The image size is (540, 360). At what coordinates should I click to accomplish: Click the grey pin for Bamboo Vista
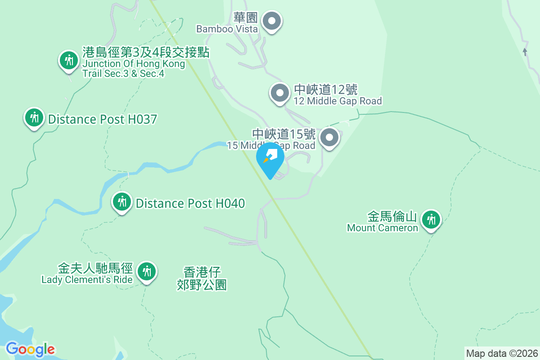tap(272, 21)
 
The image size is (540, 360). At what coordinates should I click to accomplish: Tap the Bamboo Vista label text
tap(227, 29)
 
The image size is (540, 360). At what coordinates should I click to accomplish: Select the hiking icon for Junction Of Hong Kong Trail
tap(69, 60)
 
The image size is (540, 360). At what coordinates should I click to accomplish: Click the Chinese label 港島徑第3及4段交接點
tap(146, 52)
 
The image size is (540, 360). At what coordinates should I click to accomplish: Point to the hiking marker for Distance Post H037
tap(34, 118)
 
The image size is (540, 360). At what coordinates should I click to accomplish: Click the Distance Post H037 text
tap(103, 120)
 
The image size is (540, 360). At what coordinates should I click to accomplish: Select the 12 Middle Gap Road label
tap(337, 101)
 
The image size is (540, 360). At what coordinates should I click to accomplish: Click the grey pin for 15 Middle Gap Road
tap(329, 137)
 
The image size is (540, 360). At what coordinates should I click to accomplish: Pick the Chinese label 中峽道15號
tap(283, 134)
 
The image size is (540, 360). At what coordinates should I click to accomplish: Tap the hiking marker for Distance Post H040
tap(122, 202)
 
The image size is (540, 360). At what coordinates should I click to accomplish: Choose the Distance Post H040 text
tap(190, 204)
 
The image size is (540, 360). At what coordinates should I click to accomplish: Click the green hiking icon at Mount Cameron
tap(431, 220)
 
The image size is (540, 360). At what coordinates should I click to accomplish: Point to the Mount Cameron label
tap(382, 228)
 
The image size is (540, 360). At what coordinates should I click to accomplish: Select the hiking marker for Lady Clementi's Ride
tap(147, 272)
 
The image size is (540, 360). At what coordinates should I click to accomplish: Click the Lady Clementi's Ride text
tap(87, 280)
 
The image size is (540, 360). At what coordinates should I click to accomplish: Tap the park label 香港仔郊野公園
tap(202, 279)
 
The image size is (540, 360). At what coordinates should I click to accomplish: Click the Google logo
tap(31, 349)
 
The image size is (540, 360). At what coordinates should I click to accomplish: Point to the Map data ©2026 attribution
tap(501, 353)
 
